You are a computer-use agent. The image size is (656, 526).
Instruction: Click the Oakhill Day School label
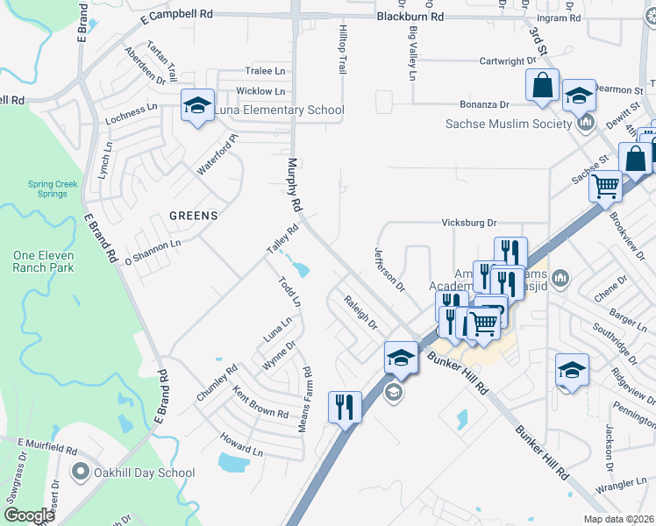(x=146, y=473)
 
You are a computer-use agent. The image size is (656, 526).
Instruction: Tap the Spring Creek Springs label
(x=46, y=188)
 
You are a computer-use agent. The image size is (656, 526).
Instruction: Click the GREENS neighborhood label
(x=193, y=214)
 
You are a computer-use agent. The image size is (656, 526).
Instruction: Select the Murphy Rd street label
(x=295, y=185)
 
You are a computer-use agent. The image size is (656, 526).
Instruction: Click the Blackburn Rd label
(x=410, y=17)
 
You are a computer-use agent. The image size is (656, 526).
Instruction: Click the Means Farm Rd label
(x=307, y=390)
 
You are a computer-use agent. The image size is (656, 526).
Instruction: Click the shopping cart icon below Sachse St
(x=605, y=186)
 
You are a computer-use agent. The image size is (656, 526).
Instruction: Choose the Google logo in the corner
(x=29, y=515)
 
